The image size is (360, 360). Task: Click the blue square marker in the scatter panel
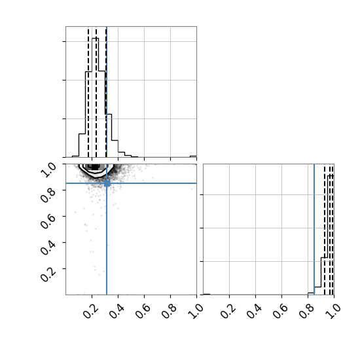click(107, 183)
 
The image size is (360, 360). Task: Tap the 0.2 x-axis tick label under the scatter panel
click(90, 311)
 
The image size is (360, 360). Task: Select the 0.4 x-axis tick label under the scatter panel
click(117, 311)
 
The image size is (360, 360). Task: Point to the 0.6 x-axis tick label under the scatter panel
click(143, 311)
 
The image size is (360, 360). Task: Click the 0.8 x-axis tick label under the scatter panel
click(169, 311)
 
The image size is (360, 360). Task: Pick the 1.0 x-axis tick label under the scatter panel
click(195, 311)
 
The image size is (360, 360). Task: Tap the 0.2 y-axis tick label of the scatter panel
click(48, 274)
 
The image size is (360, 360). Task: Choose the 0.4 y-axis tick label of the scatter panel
click(48, 248)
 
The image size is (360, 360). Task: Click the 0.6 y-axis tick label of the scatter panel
click(48, 222)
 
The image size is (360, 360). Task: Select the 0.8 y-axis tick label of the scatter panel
click(48, 196)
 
